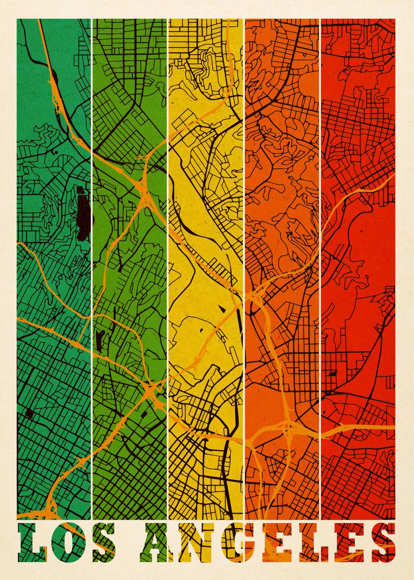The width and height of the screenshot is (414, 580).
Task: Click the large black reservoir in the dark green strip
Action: [83, 213]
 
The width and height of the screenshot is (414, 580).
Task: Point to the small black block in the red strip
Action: [332, 373]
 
